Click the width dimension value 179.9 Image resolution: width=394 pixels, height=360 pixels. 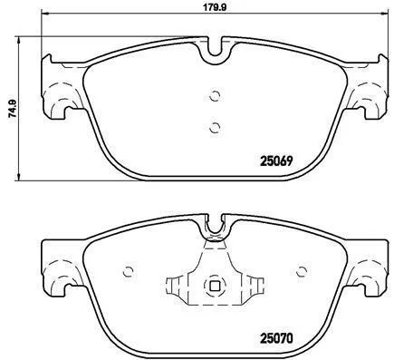pyautogui.click(x=215, y=6)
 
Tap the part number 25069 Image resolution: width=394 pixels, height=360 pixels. pyautogui.click(x=276, y=161)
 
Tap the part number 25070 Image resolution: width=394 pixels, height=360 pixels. pyautogui.click(x=276, y=338)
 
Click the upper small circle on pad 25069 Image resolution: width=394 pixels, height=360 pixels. pyautogui.click(x=215, y=96)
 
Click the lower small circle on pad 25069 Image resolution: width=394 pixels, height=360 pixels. pyautogui.click(x=215, y=128)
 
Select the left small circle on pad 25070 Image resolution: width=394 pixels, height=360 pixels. pyautogui.click(x=129, y=272)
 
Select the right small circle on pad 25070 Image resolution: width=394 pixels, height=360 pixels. pyautogui.click(x=302, y=271)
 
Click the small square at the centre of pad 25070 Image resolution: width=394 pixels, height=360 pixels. pyautogui.click(x=215, y=286)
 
